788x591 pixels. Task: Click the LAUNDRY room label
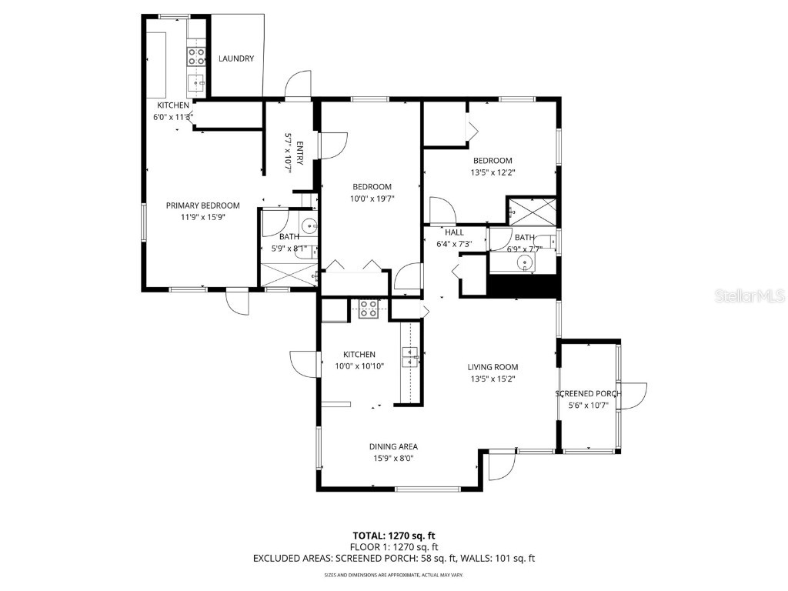coord(236,58)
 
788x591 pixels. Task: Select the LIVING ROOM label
coord(493,367)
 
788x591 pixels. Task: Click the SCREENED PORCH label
coord(588,394)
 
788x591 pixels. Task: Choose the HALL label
coord(454,232)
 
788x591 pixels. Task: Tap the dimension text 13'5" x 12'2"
coord(493,172)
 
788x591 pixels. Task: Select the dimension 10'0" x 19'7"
coord(372,199)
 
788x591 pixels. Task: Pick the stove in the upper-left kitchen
coord(196,55)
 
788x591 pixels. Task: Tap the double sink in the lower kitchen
coord(409,357)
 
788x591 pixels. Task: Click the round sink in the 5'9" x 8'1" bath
coord(308,227)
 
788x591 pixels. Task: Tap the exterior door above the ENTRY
coord(297,85)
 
